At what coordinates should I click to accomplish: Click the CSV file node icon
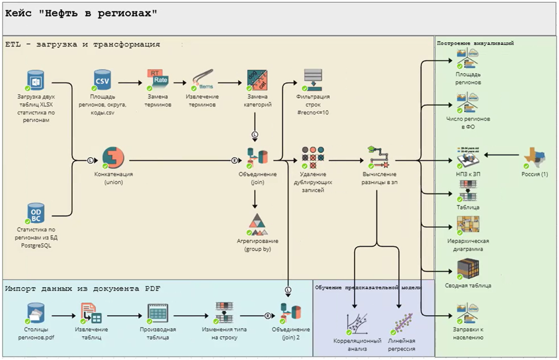103,80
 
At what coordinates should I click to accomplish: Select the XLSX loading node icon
36,80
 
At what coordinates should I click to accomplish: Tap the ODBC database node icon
36,212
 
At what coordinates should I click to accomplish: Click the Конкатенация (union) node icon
113,158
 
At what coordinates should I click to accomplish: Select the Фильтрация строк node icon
313,79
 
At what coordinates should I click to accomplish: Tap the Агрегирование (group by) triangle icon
257,224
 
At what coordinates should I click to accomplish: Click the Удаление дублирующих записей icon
313,157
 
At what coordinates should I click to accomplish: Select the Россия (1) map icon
534,156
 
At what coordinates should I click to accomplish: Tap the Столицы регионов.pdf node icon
36,313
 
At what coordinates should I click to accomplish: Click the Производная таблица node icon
157,313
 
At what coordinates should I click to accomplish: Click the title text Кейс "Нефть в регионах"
81,13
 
